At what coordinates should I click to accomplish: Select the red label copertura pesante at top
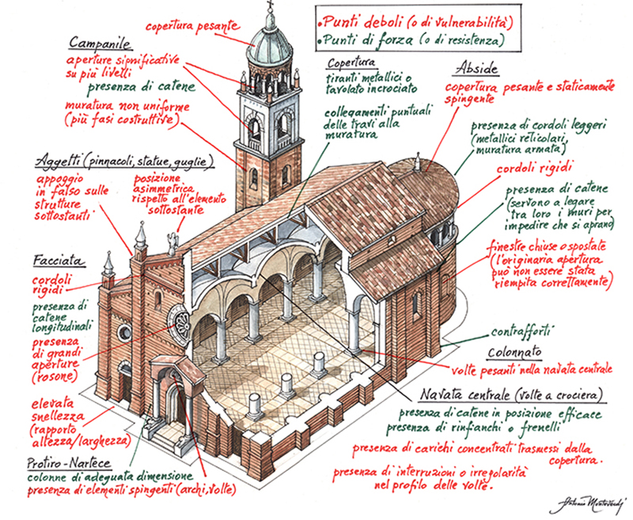[x=191, y=25]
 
